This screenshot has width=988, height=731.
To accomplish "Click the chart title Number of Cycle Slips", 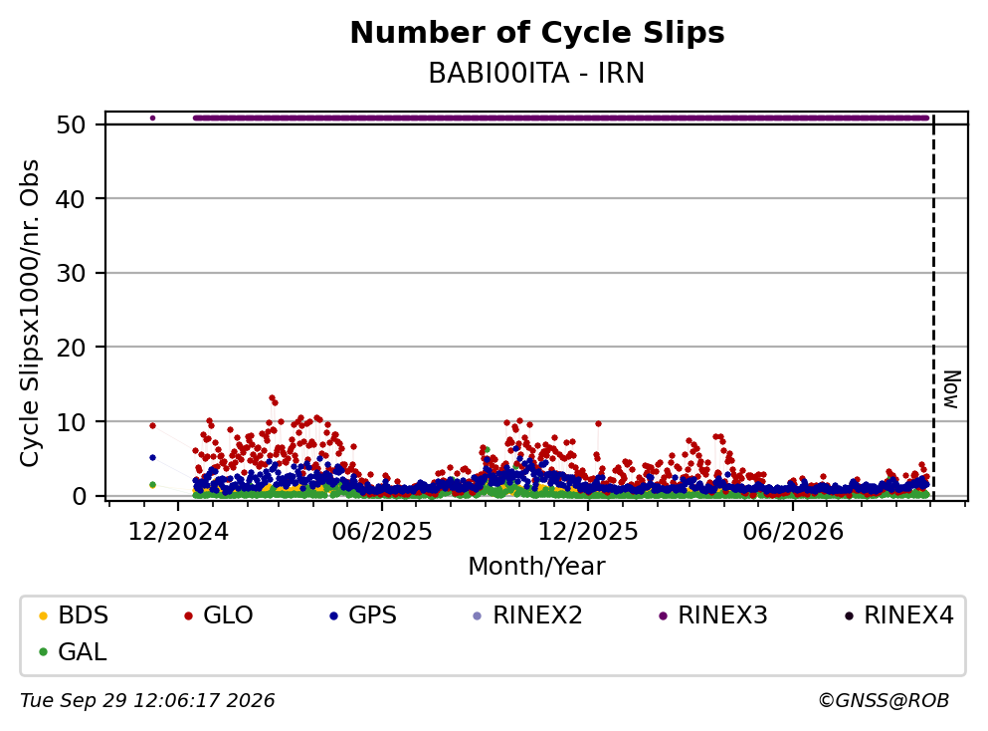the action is [x=537, y=33].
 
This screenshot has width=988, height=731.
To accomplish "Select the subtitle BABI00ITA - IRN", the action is [x=536, y=73].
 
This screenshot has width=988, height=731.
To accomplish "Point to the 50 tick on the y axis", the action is [x=72, y=124].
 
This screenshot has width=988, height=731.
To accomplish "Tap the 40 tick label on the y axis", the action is [x=72, y=199].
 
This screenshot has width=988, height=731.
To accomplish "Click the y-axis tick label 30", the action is [x=72, y=273].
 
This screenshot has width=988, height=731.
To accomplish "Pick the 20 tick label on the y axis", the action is [x=72, y=348].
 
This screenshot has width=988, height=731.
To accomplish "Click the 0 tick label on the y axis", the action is [x=79, y=496].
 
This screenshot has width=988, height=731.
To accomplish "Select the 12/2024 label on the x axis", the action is [x=178, y=532].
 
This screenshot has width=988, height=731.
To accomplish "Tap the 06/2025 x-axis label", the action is [x=382, y=532].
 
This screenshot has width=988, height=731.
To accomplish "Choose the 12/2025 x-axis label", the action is [x=588, y=532].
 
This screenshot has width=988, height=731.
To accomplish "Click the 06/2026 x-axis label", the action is [x=793, y=532].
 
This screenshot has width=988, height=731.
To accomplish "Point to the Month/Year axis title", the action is [x=536, y=567].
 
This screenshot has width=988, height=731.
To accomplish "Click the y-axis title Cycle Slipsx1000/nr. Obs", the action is [x=29, y=314].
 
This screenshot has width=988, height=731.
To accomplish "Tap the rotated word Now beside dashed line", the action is [x=951, y=389].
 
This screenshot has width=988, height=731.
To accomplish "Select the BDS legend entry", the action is [x=73, y=614].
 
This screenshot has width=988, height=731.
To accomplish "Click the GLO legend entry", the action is [x=218, y=614].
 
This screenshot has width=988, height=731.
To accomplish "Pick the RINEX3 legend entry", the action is [x=712, y=614].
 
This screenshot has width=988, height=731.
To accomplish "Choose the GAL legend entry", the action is [x=73, y=651].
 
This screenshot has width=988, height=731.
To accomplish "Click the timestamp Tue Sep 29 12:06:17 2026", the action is [x=147, y=701].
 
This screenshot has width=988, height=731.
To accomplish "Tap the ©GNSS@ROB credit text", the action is [x=884, y=701].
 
